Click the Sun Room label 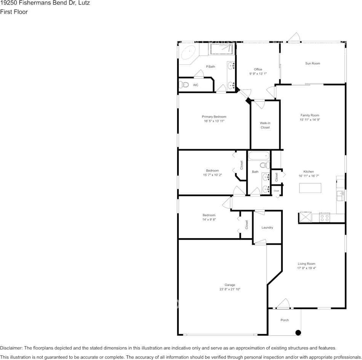point(312,64)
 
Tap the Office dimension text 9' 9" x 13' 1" point(258,74)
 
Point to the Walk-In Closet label point(265,125)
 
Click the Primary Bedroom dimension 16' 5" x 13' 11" point(214,121)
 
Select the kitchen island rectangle point(310,188)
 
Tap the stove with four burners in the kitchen point(325,218)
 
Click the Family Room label point(309,115)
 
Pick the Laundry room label point(267,228)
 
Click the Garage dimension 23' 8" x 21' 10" point(230,289)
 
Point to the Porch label point(285,320)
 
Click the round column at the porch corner point(298,332)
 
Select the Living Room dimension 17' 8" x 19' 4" point(306,268)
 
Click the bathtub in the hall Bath point(259,156)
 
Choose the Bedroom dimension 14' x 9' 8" point(209,220)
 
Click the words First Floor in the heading point(14,12)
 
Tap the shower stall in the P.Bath point(221,49)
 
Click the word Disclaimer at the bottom point(11,348)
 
